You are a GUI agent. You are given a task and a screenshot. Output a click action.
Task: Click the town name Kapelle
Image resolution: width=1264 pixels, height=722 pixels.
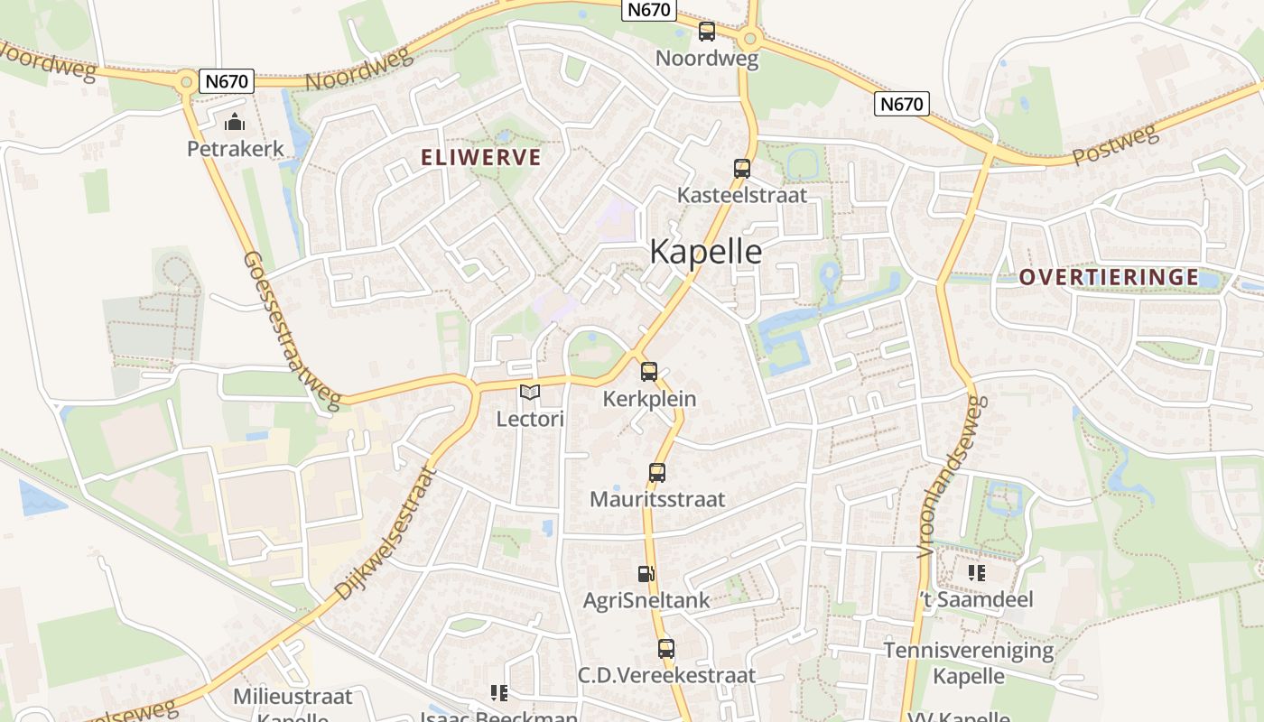[x=705, y=252]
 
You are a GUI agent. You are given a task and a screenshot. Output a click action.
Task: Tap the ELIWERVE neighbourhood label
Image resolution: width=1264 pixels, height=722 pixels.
[x=481, y=158]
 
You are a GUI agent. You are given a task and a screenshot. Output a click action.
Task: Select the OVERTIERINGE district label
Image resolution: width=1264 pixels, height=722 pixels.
[x=1109, y=278]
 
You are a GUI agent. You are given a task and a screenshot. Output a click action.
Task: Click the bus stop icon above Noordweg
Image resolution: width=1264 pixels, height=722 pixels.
[x=706, y=32]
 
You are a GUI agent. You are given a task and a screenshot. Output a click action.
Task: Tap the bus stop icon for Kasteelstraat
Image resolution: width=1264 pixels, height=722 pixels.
[x=741, y=169]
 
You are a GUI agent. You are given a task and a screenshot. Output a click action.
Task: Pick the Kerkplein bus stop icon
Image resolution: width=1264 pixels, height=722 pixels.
[x=648, y=372]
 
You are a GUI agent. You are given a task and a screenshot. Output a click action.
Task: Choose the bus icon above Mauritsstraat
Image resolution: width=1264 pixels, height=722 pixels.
[x=656, y=473]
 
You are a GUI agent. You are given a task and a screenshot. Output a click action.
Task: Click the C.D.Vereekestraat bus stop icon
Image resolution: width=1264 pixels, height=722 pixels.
[x=665, y=649]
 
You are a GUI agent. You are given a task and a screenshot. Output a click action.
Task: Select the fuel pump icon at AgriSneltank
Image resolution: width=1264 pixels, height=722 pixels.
[x=646, y=574]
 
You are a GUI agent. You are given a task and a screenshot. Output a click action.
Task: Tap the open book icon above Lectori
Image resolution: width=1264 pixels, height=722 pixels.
[x=529, y=393]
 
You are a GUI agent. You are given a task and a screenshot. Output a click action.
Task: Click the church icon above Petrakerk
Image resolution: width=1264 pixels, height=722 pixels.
[x=235, y=122]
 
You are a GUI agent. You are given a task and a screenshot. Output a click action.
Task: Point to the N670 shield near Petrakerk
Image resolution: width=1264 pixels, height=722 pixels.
[x=227, y=81]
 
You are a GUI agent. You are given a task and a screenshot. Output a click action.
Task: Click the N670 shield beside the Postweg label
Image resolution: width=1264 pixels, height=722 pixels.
[x=901, y=105]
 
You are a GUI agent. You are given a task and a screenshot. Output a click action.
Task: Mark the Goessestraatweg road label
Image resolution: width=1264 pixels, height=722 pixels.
[x=291, y=330]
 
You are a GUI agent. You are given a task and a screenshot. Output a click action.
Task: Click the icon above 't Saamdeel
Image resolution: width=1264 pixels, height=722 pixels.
[x=976, y=573]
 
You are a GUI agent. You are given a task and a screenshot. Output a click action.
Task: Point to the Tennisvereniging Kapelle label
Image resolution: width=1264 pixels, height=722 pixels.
[x=969, y=662]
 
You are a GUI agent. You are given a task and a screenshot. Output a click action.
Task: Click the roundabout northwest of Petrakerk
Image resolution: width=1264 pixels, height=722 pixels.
[x=186, y=81]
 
